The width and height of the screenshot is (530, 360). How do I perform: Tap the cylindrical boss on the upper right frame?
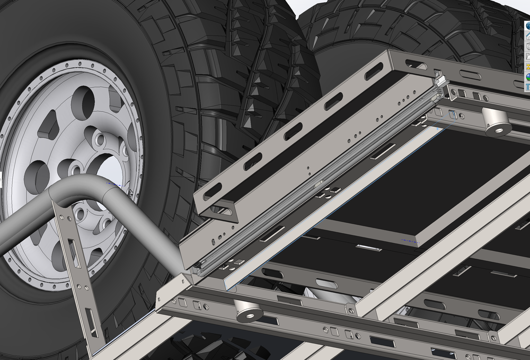click(496, 121)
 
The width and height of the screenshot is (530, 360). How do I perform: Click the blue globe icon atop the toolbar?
click(527, 25)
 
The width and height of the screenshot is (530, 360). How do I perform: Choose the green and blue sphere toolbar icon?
click(527, 76)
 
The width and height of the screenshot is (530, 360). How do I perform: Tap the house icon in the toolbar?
click(527, 36)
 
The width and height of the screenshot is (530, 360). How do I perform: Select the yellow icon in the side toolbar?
click(527, 67)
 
